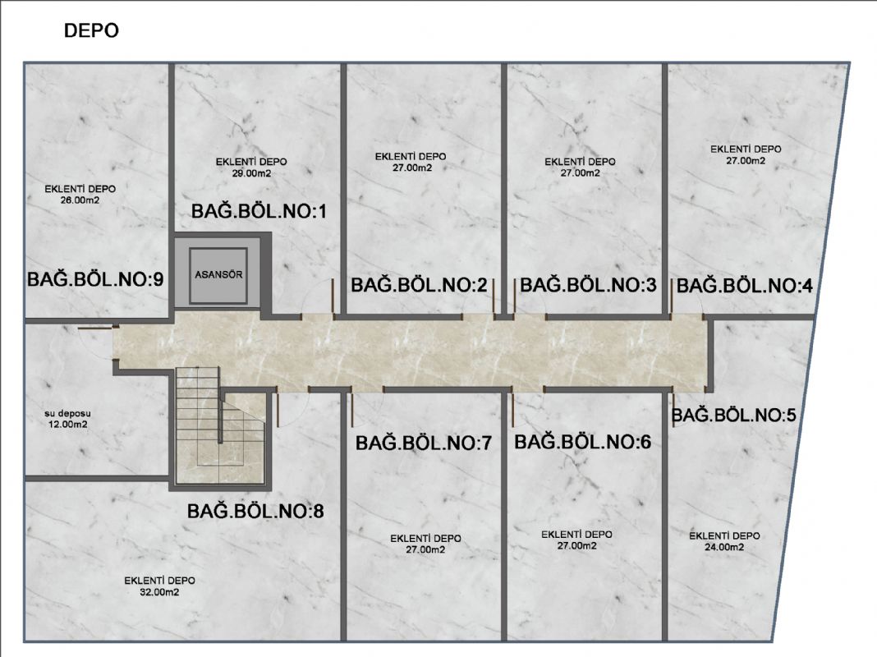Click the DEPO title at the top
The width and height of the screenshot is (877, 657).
point(91,30)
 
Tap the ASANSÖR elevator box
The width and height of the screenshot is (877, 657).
point(218,275)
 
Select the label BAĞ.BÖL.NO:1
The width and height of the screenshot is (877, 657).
point(259,211)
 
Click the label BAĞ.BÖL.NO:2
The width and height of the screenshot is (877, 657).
point(420,285)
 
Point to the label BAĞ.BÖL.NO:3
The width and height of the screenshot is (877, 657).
point(588,285)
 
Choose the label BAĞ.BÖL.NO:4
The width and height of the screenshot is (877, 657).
point(745,286)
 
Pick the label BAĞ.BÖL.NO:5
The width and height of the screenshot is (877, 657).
point(733,415)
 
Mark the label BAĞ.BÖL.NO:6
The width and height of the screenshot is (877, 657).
point(583,442)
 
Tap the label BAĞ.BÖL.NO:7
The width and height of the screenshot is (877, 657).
point(424,443)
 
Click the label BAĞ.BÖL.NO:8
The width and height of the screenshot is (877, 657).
point(255,511)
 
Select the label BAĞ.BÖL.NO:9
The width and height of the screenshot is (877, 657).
point(95,279)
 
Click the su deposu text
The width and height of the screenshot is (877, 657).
point(67,414)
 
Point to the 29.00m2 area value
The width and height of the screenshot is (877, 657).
point(252,173)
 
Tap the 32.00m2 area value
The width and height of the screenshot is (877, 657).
point(159,592)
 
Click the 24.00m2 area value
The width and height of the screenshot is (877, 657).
point(724,548)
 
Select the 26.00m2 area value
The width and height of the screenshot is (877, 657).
point(80,200)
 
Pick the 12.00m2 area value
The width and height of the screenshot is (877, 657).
point(67,425)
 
